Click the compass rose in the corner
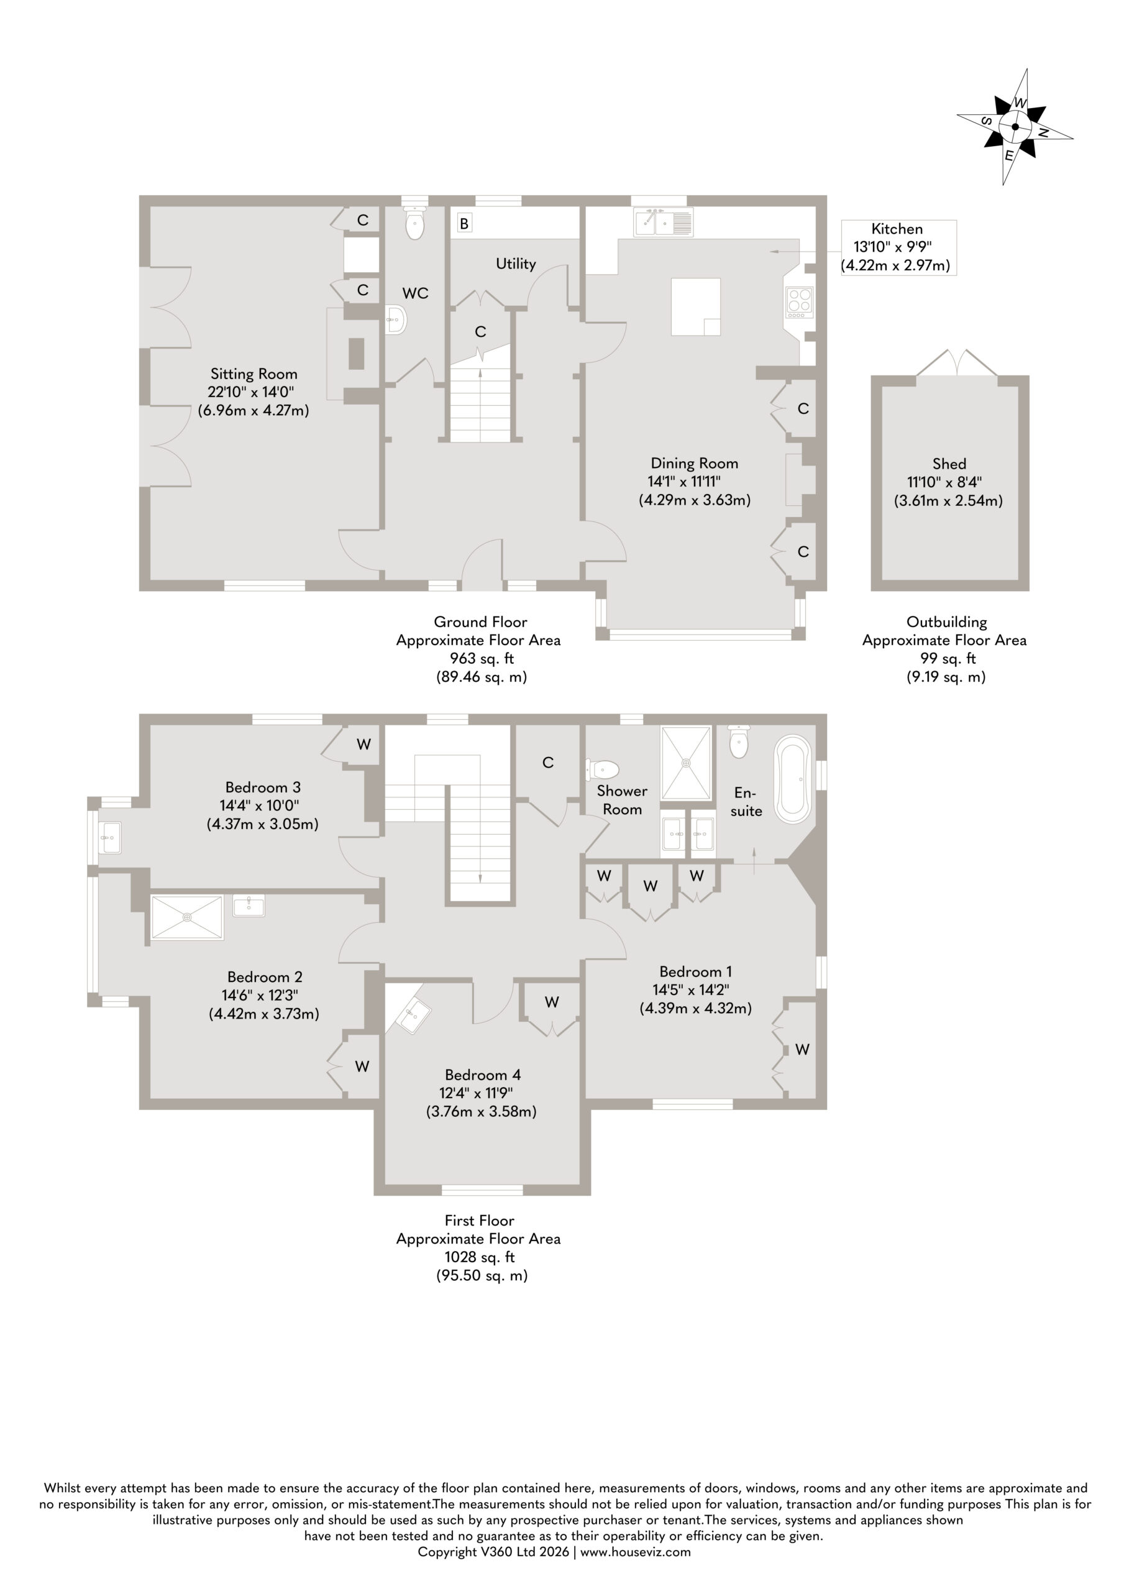(1015, 127)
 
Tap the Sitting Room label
(254, 374)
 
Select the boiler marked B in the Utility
(464, 223)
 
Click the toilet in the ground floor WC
(414, 221)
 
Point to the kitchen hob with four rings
(799, 303)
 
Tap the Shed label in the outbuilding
(949, 464)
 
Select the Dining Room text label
(695, 463)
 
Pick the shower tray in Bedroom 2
(187, 917)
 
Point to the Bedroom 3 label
(263, 787)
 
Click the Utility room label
(516, 264)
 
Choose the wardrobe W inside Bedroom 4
(551, 1008)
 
